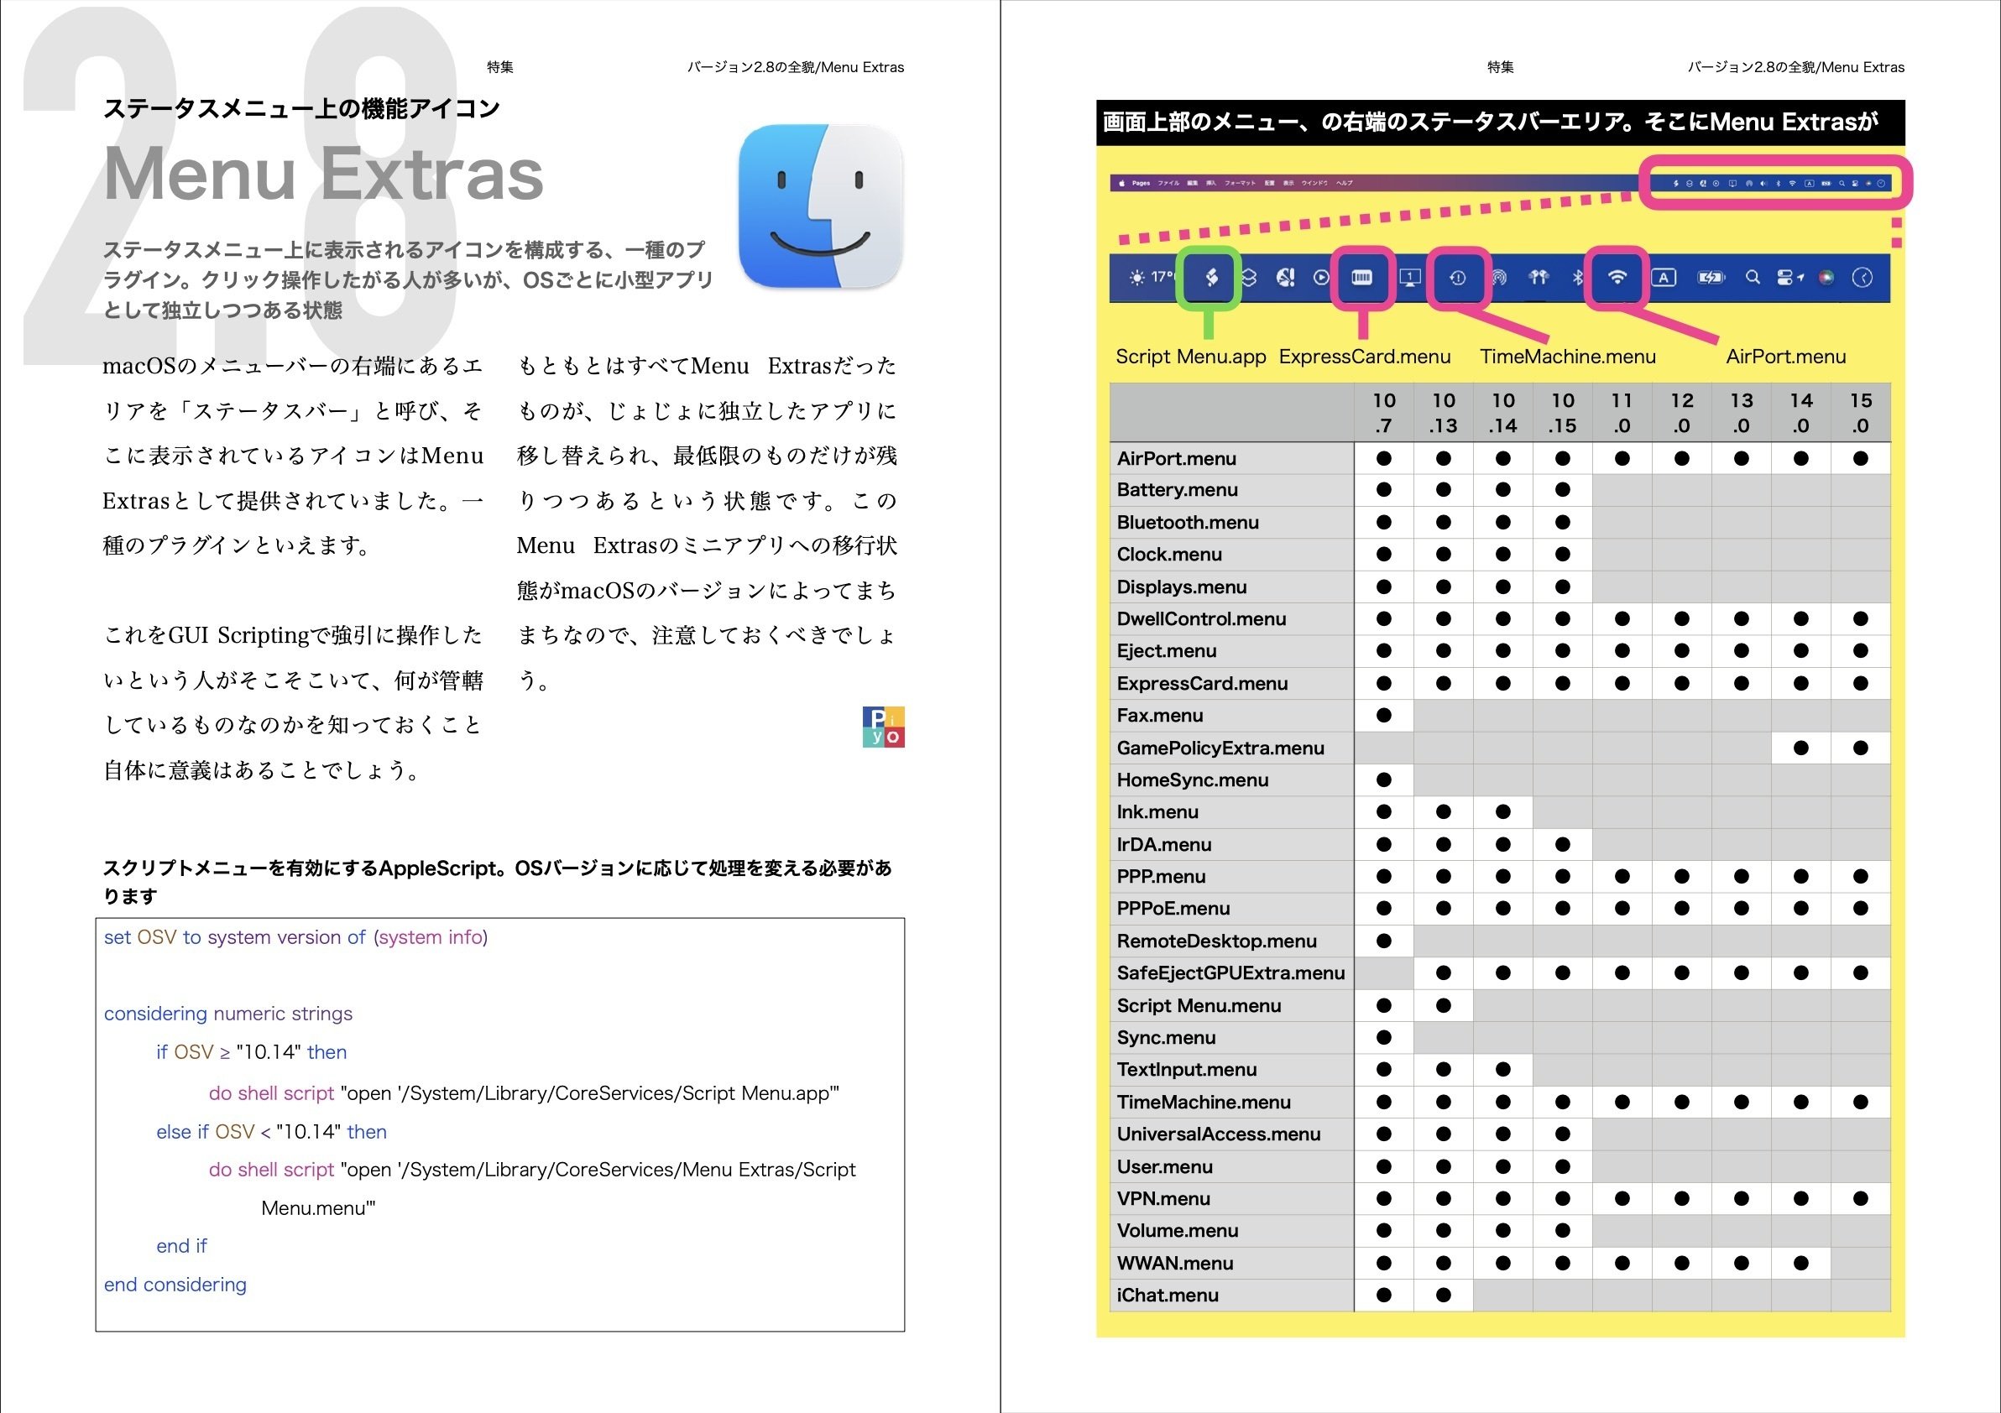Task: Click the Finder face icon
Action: coord(820,206)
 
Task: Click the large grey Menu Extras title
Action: coord(323,175)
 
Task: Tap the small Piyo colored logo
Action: coord(883,727)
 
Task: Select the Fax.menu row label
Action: coord(1159,715)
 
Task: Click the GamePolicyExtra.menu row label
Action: coord(1220,748)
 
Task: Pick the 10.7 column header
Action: coord(1383,413)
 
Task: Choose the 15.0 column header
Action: coord(1860,413)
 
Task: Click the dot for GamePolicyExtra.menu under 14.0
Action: coord(1800,748)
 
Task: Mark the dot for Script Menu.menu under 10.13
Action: coord(1443,1005)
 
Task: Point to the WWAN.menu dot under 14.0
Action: coord(1800,1262)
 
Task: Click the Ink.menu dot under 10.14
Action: coord(1502,812)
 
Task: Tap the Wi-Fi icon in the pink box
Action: coord(1617,278)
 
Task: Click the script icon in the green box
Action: coord(1210,278)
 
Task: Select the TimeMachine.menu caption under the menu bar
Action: coord(1567,357)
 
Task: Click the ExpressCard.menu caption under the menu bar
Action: coord(1365,357)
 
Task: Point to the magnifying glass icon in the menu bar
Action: coord(1752,278)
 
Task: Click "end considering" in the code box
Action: coord(175,1284)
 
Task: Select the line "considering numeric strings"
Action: coord(228,1013)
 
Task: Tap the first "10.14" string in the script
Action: coord(269,1051)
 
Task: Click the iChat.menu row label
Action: coord(1167,1295)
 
